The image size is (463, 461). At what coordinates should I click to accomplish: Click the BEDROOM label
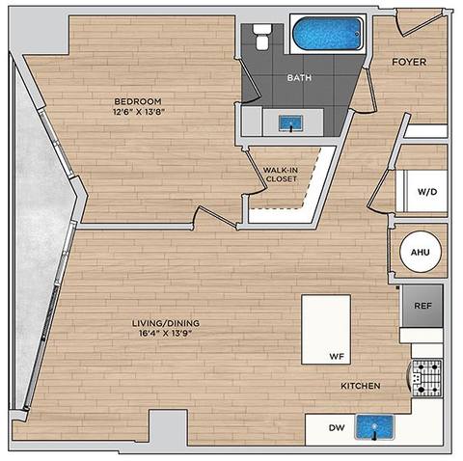[137, 101]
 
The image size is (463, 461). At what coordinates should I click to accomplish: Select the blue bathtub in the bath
[329, 36]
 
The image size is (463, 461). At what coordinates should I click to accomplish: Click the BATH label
[297, 78]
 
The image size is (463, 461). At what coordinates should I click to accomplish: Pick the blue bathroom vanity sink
[289, 122]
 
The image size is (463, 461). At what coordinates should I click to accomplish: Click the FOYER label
[408, 62]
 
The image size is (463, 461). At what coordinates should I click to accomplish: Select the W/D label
[426, 192]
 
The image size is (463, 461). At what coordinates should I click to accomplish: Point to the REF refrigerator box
[422, 306]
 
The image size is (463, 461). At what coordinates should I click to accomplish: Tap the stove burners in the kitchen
[426, 377]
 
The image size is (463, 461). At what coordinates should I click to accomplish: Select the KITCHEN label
[360, 386]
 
